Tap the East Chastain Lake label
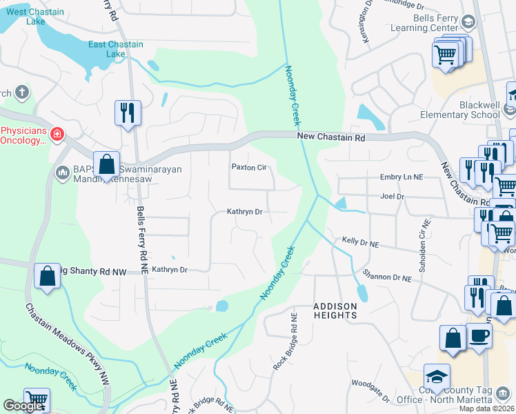coord(116,49)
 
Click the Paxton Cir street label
coord(248,167)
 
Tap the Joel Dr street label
coord(391,196)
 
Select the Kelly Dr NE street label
coord(361,243)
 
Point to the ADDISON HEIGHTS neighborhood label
coord(336,310)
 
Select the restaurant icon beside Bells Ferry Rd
coord(128,112)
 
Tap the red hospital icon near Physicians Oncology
coord(57,133)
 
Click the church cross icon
coord(22,92)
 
